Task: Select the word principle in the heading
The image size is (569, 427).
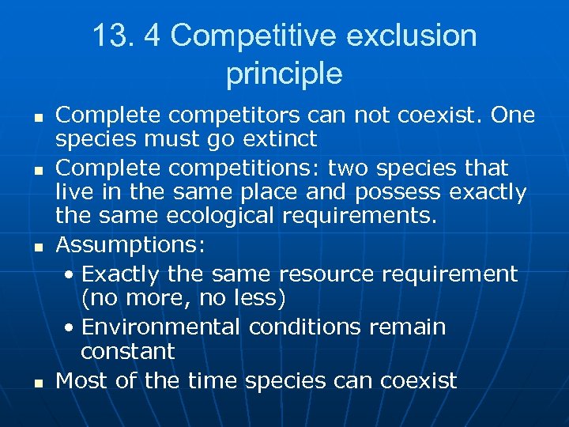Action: pyautogui.click(x=284, y=74)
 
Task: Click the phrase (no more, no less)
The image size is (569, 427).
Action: pyautogui.click(x=183, y=299)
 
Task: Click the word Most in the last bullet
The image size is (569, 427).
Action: pyautogui.click(x=81, y=380)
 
